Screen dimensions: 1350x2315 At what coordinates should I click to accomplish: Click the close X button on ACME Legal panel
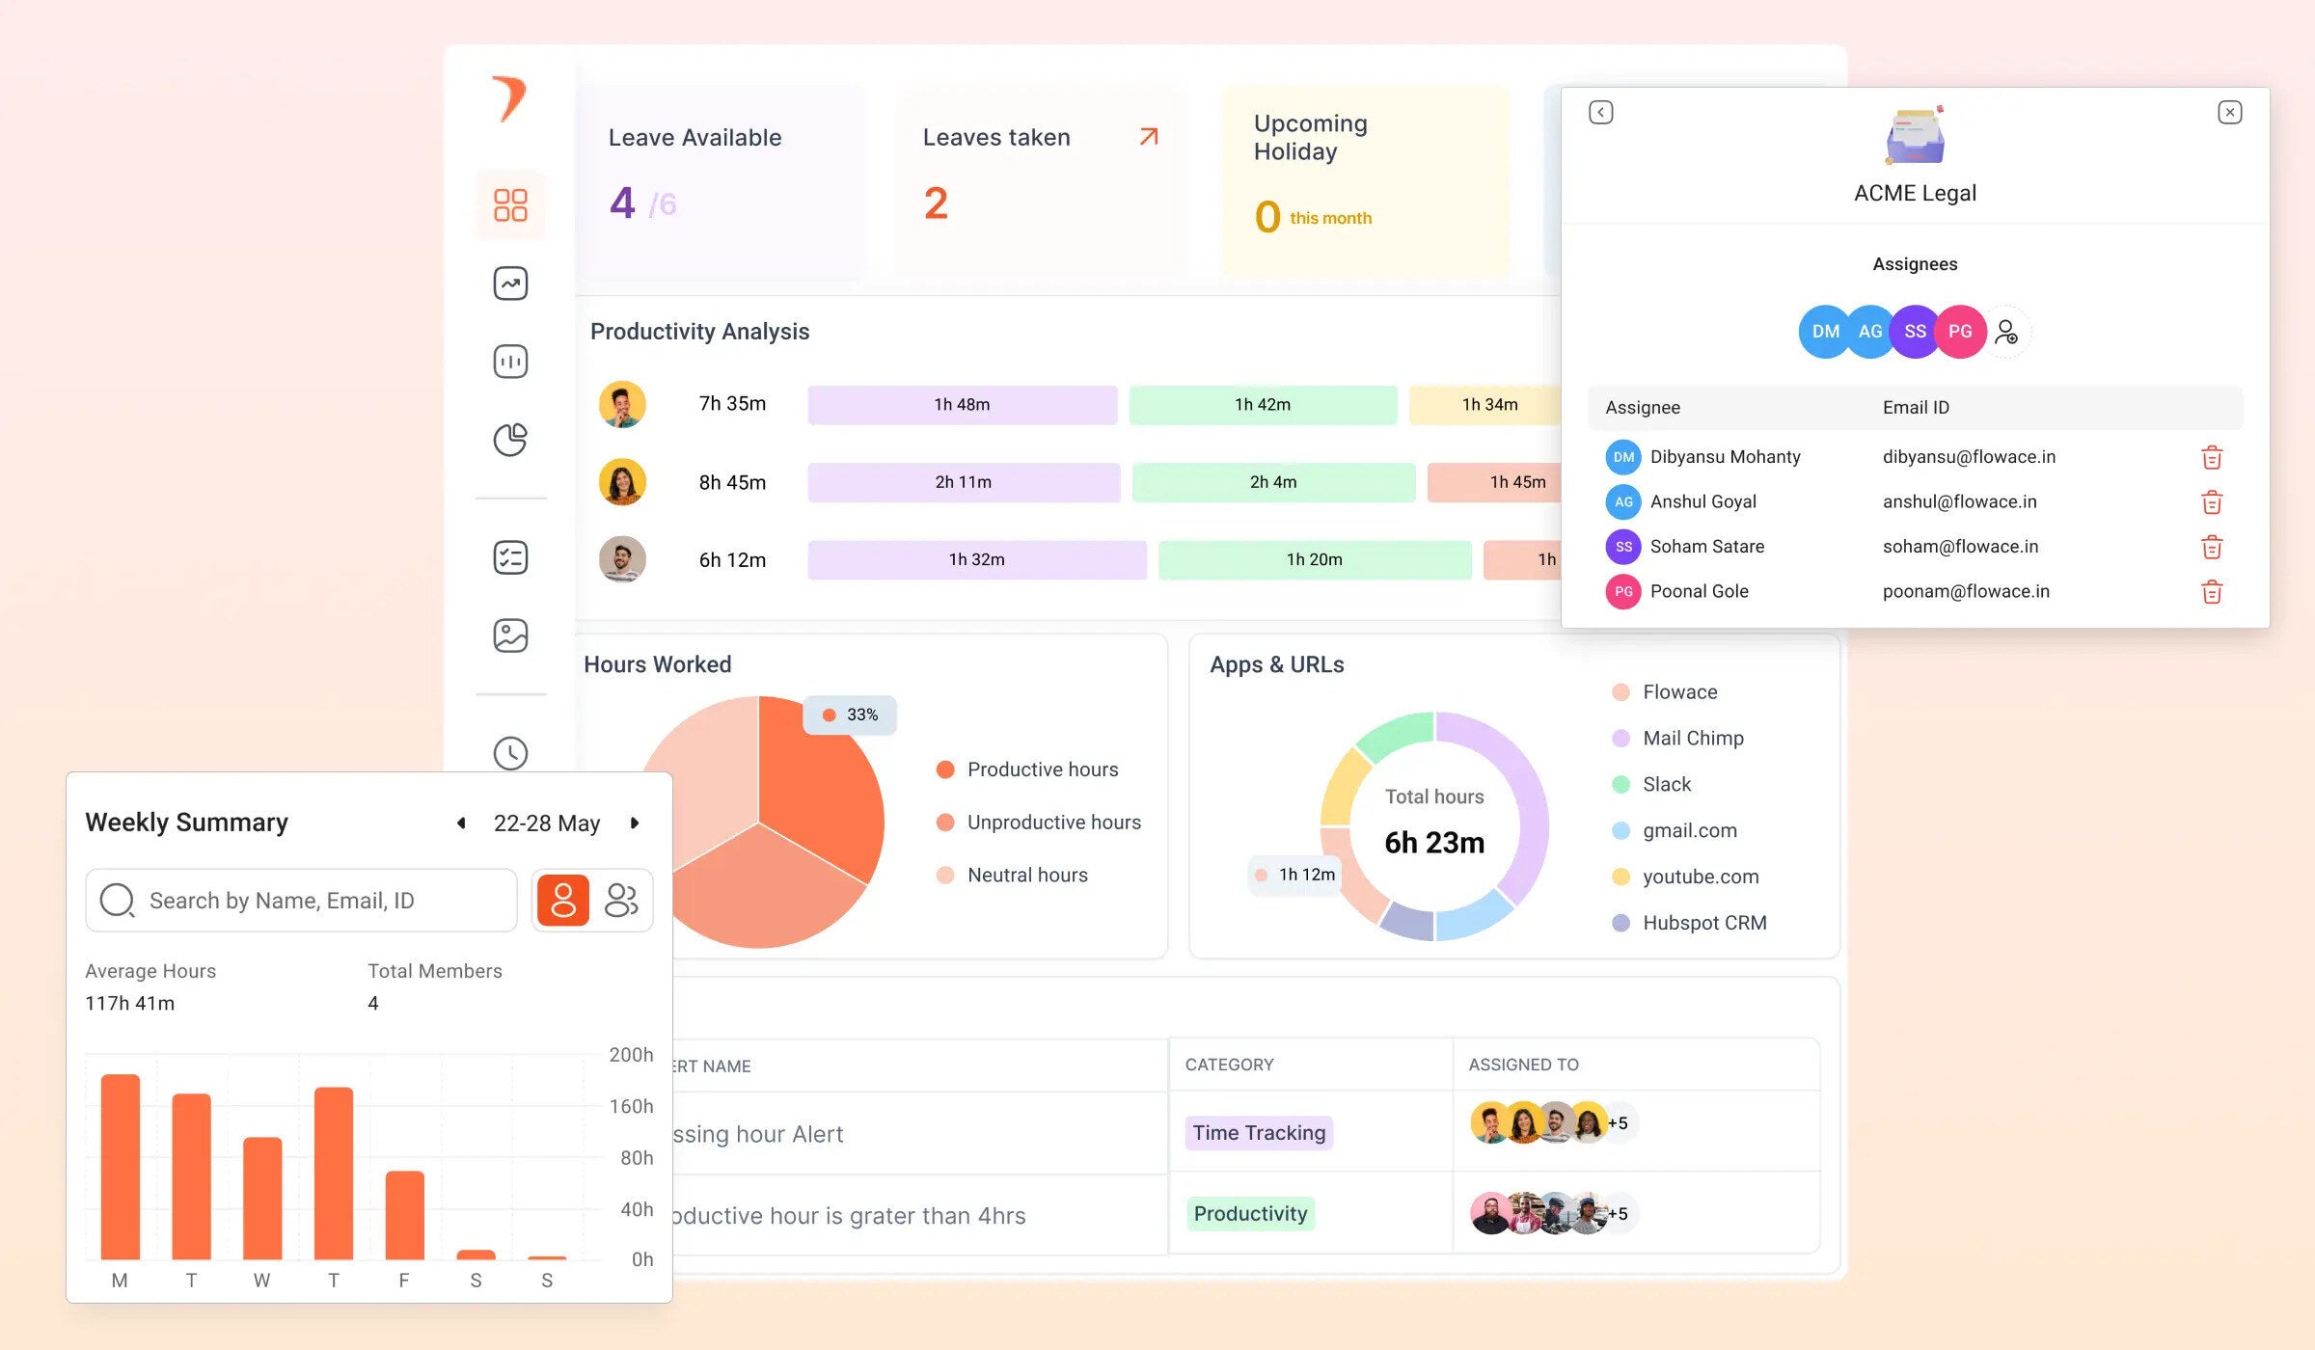2229,113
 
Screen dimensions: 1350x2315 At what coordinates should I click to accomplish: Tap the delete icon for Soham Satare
2212,548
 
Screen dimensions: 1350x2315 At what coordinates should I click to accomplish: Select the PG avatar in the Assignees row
1960,332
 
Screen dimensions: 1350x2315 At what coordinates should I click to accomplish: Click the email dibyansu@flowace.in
1969,457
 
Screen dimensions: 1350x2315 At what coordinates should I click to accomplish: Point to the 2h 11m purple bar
963,482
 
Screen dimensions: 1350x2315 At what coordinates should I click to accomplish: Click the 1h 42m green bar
1262,405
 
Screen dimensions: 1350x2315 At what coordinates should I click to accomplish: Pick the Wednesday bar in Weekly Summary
262,1198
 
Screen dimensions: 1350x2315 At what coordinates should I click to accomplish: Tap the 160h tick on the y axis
631,1106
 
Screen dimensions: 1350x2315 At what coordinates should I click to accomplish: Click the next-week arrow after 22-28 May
635,823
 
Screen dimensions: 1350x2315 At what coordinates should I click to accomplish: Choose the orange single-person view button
563,901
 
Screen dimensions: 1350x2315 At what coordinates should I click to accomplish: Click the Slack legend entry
1666,785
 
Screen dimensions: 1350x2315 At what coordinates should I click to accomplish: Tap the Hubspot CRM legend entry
1703,923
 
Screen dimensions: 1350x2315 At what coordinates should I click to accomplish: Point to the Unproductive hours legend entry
1053,823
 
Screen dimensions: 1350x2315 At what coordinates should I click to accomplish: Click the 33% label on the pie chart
851,715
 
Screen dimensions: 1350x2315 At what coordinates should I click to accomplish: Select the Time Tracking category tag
1259,1133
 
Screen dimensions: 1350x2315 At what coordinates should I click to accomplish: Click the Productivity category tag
1250,1214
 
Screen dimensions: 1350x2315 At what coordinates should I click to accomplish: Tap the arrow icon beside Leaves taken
1148,137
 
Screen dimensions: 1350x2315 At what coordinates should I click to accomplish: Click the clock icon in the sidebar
510,753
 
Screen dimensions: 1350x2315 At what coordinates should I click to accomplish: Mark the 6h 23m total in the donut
1434,843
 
